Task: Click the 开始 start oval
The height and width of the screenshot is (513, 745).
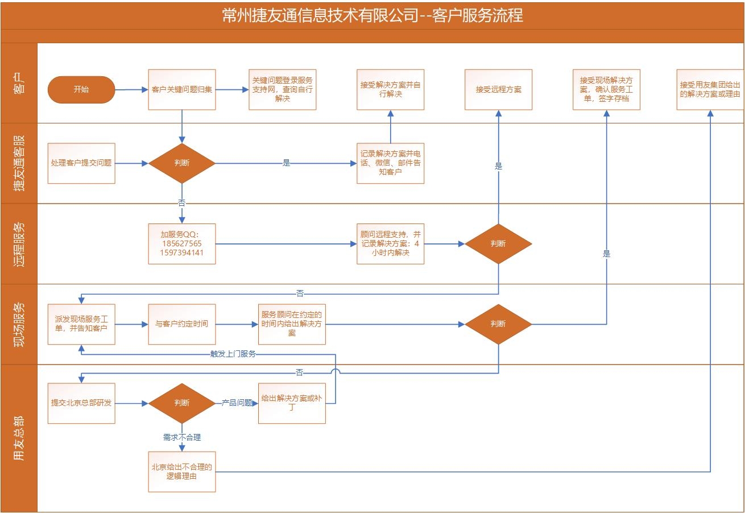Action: (81, 90)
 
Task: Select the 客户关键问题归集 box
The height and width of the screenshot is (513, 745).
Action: (182, 90)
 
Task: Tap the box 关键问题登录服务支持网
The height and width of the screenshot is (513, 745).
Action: (283, 90)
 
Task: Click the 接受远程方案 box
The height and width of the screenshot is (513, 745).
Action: (498, 90)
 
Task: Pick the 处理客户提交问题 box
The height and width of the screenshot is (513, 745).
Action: (81, 163)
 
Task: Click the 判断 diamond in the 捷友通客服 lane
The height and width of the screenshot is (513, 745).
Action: (182, 163)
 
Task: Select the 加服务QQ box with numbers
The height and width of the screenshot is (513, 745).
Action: (182, 244)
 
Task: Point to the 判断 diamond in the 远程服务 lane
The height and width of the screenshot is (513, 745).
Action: (498, 244)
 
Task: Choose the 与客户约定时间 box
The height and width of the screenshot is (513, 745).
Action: (182, 324)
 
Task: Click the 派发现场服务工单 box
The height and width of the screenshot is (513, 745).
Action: (81, 324)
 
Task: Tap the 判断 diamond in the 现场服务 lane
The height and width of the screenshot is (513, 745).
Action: (498, 324)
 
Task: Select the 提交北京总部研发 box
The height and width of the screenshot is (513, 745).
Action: (81, 403)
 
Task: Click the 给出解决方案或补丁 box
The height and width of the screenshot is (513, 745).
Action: (292, 403)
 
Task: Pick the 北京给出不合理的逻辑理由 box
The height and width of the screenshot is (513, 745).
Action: (182, 472)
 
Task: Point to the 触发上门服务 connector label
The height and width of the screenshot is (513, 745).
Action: (233, 354)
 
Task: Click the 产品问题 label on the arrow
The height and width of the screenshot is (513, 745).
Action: (237, 403)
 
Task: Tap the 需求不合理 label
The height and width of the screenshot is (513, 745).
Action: (182, 437)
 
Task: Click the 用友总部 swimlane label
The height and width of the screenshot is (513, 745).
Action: (19, 438)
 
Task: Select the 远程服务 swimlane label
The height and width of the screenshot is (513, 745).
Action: (19, 244)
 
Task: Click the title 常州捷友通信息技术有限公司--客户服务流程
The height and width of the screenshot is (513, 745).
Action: (372, 15)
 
